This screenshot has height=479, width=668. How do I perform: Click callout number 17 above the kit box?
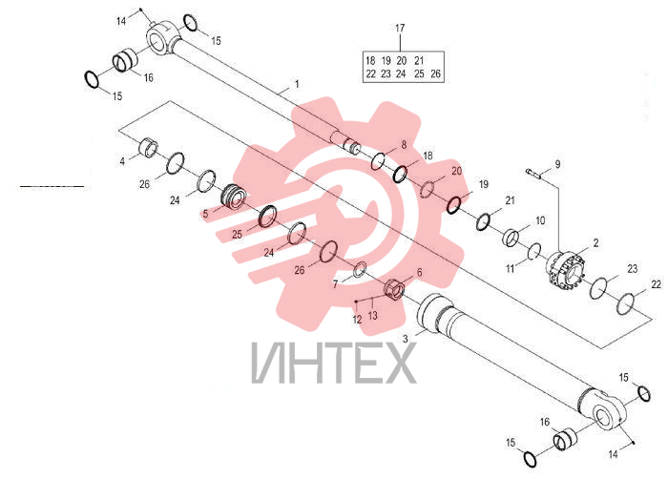click(x=400, y=28)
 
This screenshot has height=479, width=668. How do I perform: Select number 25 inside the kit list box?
click(x=419, y=73)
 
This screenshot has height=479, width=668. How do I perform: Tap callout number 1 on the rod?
click(x=297, y=84)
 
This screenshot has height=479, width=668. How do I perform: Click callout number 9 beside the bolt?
click(x=557, y=164)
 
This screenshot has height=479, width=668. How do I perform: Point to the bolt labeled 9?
click(x=533, y=173)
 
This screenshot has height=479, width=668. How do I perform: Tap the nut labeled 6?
click(x=394, y=290)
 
